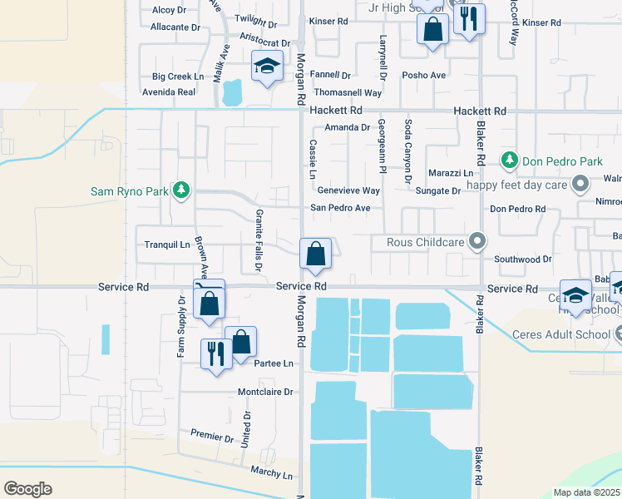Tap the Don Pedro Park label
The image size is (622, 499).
click(x=551, y=160)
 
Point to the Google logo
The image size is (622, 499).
click(x=27, y=488)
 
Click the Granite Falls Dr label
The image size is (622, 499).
click(x=259, y=240)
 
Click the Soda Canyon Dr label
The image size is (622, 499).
click(x=407, y=151)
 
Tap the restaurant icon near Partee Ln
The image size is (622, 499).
click(x=215, y=353)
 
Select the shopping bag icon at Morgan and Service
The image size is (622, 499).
click(x=316, y=254)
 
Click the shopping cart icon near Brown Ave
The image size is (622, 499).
click(x=209, y=298)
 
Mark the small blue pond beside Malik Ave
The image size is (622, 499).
click(x=232, y=93)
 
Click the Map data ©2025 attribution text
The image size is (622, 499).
click(x=586, y=492)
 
